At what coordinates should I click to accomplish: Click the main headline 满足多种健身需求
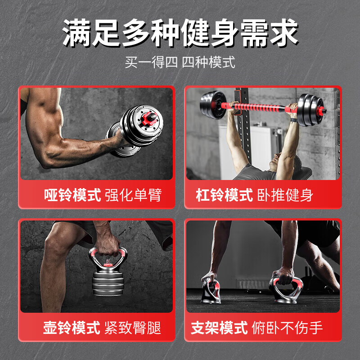coord(180,34)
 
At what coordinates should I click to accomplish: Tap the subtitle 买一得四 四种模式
coord(180,62)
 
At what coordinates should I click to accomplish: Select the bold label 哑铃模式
coord(72,195)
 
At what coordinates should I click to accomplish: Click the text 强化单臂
coord(133,195)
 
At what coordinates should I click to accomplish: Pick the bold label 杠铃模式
coord(224,195)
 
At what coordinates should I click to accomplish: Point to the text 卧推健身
coord(285,195)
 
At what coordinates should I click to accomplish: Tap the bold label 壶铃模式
coord(72,327)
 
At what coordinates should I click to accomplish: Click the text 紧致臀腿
coord(133,327)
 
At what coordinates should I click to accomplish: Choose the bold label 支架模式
coord(219,327)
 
